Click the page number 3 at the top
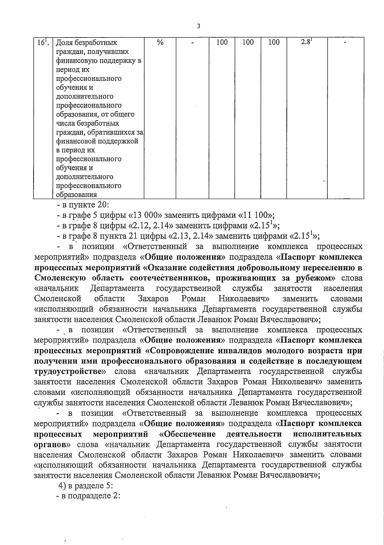[x=199, y=26]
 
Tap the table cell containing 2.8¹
[x=307, y=42]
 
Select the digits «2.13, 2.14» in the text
[x=191, y=236]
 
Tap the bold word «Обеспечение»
[x=188, y=434]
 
